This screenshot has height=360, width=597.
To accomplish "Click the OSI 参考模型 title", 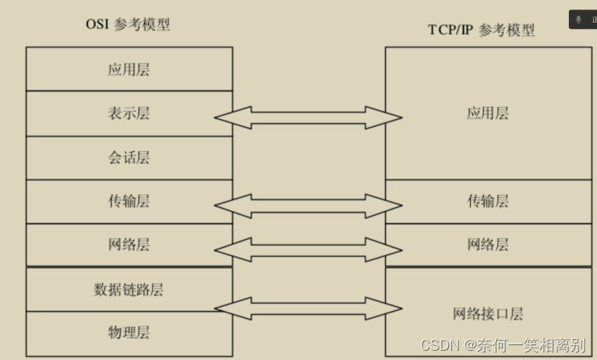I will coord(128,24).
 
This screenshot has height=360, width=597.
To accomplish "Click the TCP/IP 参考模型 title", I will coord(482,30).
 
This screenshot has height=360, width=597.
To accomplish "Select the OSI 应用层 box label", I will coord(129,69).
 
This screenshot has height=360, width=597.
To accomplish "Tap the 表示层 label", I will coord(129,113).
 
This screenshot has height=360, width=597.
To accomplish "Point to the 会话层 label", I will coord(129,157).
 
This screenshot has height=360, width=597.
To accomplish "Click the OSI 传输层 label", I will coord(129,201).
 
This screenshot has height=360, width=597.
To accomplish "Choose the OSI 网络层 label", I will coord(129,245).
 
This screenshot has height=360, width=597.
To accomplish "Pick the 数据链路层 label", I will coord(129,290).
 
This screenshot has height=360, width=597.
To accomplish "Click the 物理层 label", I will coord(129,333).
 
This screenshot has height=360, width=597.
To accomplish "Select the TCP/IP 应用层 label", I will coord(488,113).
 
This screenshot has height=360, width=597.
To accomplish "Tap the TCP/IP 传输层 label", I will coord(488,201).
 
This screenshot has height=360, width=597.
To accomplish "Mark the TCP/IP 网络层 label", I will coord(488,245).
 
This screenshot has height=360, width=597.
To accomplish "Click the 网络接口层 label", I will coord(488,314).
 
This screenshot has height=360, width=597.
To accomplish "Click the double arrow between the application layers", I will coord(308,118).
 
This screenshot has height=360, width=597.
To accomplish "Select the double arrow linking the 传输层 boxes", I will coord(308,206).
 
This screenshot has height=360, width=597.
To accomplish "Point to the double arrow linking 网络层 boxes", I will coord(308,249).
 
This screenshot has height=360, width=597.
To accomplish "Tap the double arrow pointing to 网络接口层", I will coord(308,309).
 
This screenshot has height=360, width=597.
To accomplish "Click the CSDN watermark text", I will coord(503,345).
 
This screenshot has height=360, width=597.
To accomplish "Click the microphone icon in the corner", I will coord(578,19).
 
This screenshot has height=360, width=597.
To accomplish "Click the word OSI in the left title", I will coord(97,24).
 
